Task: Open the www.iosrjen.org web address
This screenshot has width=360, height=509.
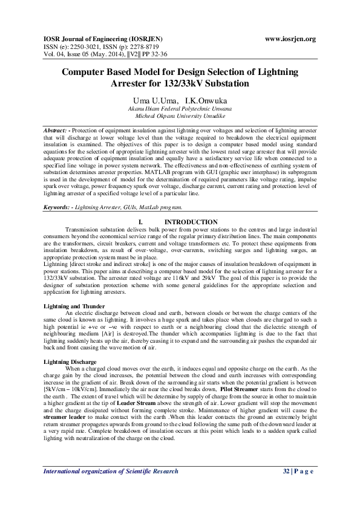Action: coord(290,39)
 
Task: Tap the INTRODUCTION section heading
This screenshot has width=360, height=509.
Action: coord(191,222)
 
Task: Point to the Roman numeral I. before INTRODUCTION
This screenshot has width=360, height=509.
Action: coord(141,222)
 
